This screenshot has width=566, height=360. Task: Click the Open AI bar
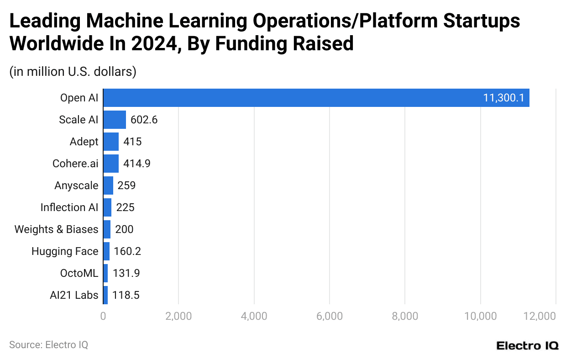316,98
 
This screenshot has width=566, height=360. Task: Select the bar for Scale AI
115,120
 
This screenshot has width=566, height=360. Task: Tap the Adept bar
111,142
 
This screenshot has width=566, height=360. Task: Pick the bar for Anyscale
108,185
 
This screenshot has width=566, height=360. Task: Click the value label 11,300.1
503,98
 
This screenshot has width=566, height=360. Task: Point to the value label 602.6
144,120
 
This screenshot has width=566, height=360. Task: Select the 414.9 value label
137,164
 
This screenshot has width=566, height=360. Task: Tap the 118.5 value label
126,295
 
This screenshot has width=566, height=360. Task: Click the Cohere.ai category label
76,164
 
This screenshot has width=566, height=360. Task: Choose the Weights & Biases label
56,229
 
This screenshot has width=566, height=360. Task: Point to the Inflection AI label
69,207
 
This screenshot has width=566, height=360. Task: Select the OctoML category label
79,273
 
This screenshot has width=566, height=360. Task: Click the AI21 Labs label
74,295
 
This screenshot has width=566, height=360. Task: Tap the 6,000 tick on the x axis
329,316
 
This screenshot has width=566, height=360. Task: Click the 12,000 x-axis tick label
542,316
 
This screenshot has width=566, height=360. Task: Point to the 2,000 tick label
178,316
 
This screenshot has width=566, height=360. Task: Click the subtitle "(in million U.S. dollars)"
73,72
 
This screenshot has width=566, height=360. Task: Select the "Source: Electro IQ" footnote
48,345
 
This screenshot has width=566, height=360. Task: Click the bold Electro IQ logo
527,345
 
